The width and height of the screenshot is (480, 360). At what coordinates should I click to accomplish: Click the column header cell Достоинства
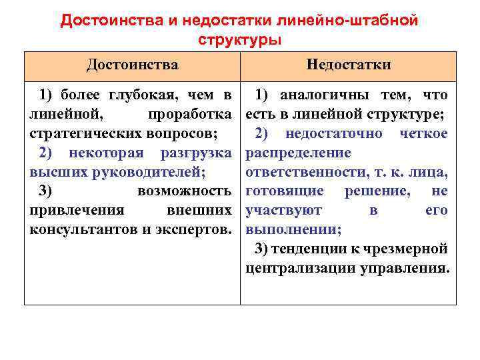coord(132,65)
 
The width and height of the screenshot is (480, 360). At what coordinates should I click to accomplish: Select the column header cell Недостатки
coord(349,65)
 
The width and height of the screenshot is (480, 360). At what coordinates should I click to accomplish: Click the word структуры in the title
coord(240,40)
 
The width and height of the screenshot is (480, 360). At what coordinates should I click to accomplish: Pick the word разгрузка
coord(196,153)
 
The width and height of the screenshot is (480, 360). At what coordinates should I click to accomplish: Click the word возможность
coord(184,191)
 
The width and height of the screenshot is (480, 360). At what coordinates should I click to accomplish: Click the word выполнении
coord(293,230)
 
